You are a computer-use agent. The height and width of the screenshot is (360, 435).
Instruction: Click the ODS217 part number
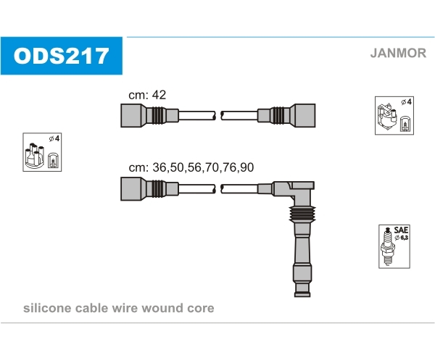[61, 56]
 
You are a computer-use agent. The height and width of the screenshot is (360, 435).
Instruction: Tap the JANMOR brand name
[398, 53]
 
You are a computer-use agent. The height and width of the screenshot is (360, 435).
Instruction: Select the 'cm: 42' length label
[147, 95]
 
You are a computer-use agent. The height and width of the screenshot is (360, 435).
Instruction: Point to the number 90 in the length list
[246, 167]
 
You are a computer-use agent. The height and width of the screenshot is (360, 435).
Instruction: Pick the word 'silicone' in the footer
[47, 308]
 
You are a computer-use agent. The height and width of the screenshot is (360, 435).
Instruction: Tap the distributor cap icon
[34, 156]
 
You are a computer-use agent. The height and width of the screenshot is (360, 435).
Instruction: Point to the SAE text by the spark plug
[401, 230]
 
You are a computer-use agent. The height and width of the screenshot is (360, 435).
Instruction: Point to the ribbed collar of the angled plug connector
[302, 214]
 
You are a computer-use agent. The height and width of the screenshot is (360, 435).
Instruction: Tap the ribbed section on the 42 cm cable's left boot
[159, 116]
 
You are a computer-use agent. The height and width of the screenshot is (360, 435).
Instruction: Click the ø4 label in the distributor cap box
[54, 138]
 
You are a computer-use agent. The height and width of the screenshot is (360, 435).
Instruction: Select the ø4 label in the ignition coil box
[407, 101]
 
